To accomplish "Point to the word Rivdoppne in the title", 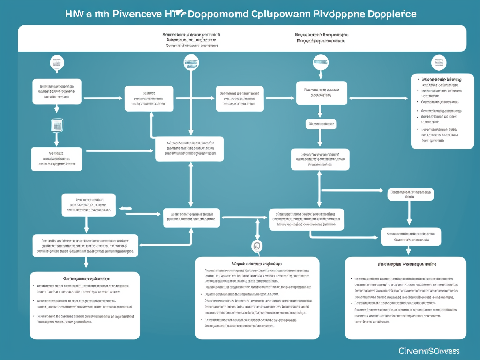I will pyautogui.click(x=328, y=14).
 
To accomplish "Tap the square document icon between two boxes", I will pyautogui.click(x=57, y=125).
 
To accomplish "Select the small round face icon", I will pyautogui.click(x=256, y=246).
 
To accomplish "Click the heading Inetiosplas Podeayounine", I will pyautogui.click(x=406, y=264).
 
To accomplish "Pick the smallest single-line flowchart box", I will pyautogui.click(x=321, y=124).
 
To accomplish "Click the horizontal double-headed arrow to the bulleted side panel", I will pyautogui.click(x=379, y=98).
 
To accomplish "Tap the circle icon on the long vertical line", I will pyautogui.click(x=191, y=63).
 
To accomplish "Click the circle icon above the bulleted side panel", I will pyautogui.click(x=439, y=62).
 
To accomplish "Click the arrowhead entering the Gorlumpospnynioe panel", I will pyautogui.click(x=86, y=267).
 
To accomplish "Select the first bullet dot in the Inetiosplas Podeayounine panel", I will pyautogui.click(x=352, y=279).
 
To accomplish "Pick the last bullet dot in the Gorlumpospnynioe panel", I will pyautogui.click(x=34, y=316).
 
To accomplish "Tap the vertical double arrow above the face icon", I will pyautogui.click(x=257, y=229).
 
